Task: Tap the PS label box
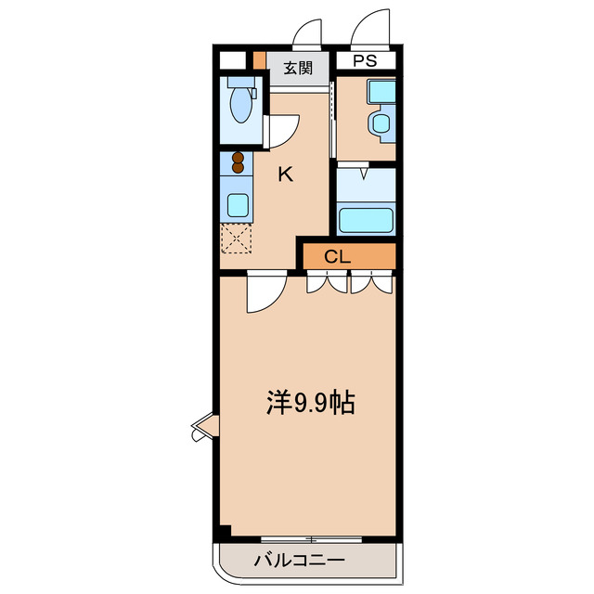(363, 61)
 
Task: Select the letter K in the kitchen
(286, 174)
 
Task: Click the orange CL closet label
(337, 256)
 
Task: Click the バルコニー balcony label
(298, 562)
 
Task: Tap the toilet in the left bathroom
(241, 102)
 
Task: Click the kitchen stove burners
(239, 164)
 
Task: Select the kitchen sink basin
(239, 203)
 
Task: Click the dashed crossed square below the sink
(238, 239)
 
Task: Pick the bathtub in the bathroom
(366, 219)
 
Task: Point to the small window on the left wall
(203, 428)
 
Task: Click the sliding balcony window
(310, 539)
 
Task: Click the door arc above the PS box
(370, 28)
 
